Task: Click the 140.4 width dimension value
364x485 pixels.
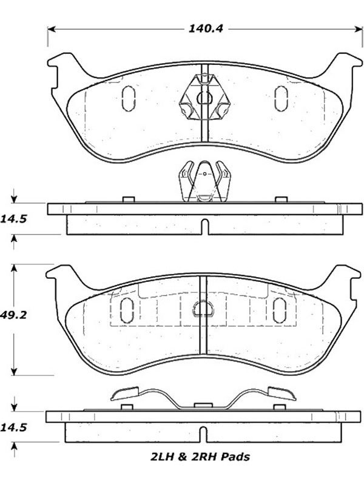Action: point(206,28)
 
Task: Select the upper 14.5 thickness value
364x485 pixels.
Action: point(13,219)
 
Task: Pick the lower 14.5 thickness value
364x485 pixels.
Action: point(13,428)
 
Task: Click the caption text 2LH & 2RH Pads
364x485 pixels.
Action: point(200,457)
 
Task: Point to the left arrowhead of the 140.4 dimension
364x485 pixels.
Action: point(52,29)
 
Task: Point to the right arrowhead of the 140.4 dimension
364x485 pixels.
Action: point(359,29)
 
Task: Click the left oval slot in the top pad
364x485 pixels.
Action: point(129,98)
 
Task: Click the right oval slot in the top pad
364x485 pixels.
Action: point(281,98)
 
